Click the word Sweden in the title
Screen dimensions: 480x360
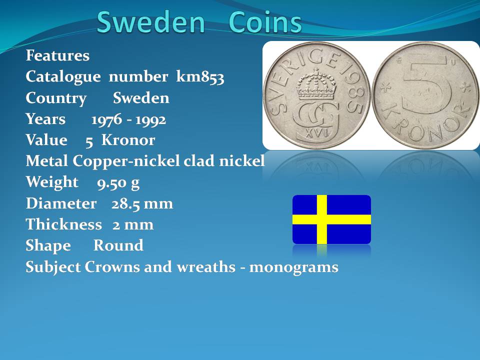pyautogui.click(x=150, y=22)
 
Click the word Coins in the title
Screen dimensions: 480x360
pyautogui.click(x=265, y=22)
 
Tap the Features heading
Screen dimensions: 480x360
pyautogui.click(x=57, y=55)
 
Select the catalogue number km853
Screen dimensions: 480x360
pyautogui.click(x=200, y=76)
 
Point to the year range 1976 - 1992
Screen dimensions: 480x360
pyautogui.click(x=128, y=119)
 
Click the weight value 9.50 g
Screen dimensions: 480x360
pyautogui.click(x=118, y=183)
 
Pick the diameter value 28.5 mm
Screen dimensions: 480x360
pyautogui.click(x=142, y=203)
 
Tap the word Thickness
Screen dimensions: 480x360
pyautogui.click(x=63, y=224)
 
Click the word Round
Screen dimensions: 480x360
pyautogui.click(x=118, y=245)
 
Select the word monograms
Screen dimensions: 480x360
pyautogui.click(x=294, y=267)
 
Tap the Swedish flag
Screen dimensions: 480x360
pyautogui.click(x=331, y=219)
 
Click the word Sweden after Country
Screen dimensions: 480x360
pyautogui.click(x=141, y=98)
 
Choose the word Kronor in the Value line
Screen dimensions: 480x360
pyautogui.click(x=128, y=140)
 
